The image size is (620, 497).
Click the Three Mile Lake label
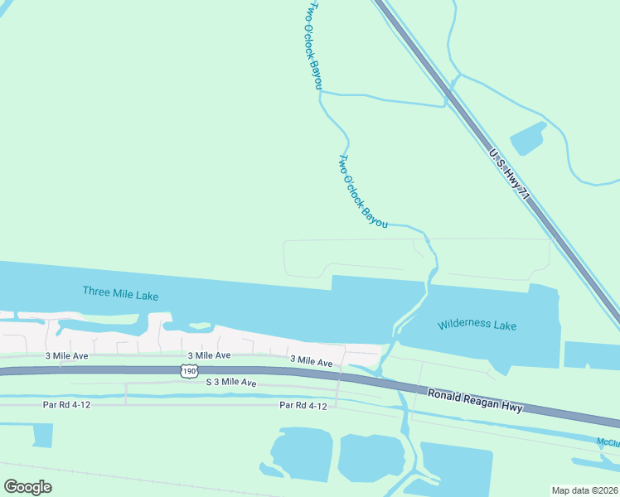coord(120,292)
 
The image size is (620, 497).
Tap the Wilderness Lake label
coord(477,326)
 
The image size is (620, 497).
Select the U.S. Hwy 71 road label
coord(508,175)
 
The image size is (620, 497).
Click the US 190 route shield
coord(189,373)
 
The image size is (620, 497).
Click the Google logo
coord(27,487)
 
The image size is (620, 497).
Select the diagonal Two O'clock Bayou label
coord(363,191)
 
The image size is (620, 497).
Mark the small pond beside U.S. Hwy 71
coord(527,138)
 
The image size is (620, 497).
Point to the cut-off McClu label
coord(608,442)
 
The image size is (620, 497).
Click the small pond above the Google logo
coord(37,436)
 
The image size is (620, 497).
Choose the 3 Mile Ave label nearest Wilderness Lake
coord(311,362)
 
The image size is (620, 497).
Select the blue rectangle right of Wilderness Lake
coord(591,355)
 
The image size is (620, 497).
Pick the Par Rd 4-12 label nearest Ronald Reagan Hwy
coord(303,405)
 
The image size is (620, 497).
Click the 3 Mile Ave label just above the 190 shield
coord(209,355)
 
